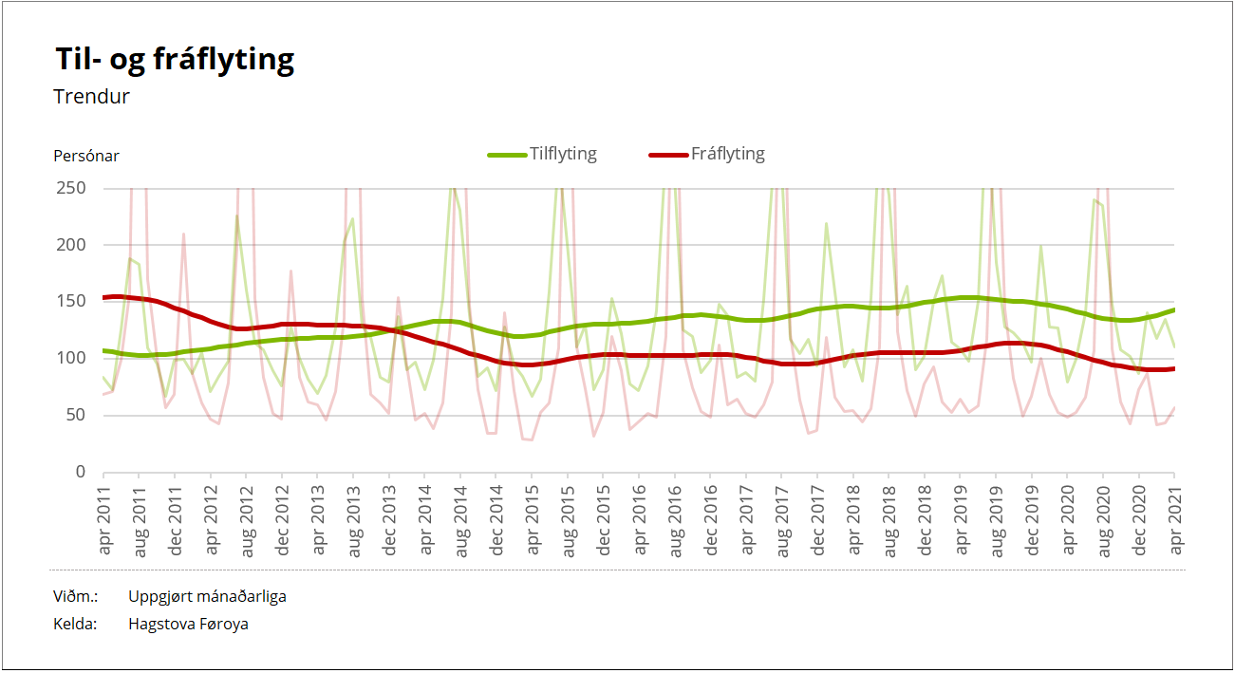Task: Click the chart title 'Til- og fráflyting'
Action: tap(175, 60)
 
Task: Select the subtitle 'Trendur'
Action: tap(92, 97)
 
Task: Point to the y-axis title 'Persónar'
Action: tap(86, 156)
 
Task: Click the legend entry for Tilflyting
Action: tap(543, 154)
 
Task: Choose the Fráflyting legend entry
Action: tap(707, 154)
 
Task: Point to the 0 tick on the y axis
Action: tap(81, 472)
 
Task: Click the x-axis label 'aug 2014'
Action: tap(460, 518)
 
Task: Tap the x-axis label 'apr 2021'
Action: tap(1175, 518)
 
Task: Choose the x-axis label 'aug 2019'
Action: tap(997, 518)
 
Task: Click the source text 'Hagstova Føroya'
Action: tap(188, 625)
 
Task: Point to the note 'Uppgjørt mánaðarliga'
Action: tap(207, 597)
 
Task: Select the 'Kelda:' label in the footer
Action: tap(76, 625)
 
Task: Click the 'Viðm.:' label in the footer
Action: tap(76, 597)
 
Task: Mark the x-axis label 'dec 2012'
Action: tap(282, 518)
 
